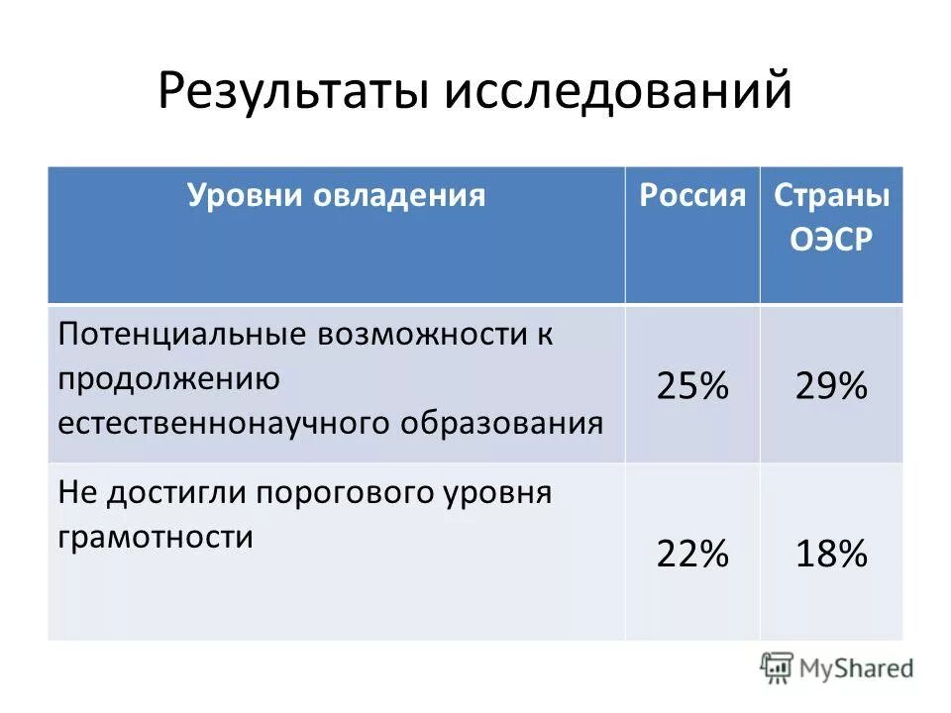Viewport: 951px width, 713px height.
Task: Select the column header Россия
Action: coord(692,195)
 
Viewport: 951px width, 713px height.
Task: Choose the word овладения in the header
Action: coord(400,195)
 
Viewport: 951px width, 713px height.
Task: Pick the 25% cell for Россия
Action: coord(692,386)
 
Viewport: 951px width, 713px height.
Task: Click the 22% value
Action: coord(692,555)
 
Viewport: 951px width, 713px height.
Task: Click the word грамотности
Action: coord(156,537)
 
